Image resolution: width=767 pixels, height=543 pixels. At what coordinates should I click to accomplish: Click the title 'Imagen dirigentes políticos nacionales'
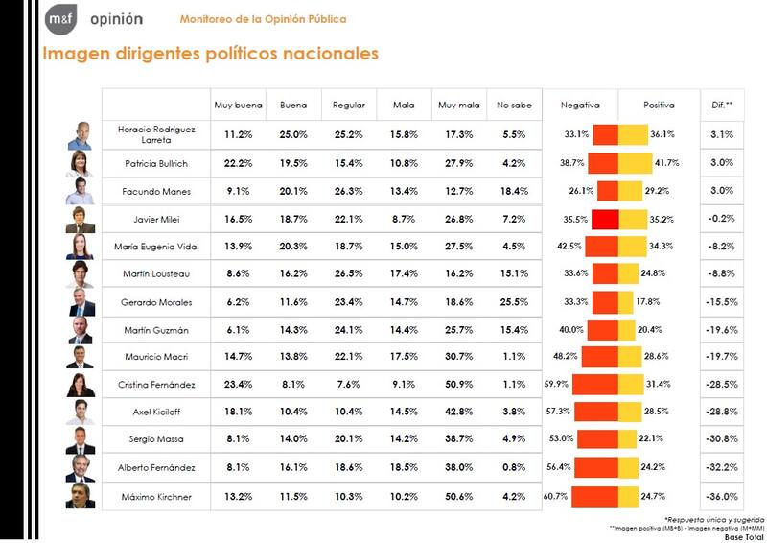click(210, 54)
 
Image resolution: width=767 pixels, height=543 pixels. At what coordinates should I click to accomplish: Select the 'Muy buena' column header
click(231, 105)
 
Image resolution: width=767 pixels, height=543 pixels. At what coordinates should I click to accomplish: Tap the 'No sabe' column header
click(508, 105)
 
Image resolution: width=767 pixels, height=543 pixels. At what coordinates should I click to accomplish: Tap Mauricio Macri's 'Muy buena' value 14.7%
click(231, 357)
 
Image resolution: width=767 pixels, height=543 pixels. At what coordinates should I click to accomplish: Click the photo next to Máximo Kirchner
click(81, 497)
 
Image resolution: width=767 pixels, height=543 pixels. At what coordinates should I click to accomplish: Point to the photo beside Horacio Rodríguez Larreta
click(81, 135)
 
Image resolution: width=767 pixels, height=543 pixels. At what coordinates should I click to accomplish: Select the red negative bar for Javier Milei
click(605, 219)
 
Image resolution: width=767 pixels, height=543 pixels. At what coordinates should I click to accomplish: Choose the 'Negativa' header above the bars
click(580, 105)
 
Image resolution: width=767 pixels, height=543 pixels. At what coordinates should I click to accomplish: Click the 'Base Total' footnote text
click(743, 537)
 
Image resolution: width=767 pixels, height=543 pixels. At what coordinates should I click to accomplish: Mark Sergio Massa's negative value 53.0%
click(561, 440)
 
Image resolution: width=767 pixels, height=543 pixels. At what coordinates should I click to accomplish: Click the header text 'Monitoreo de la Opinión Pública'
click(264, 19)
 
